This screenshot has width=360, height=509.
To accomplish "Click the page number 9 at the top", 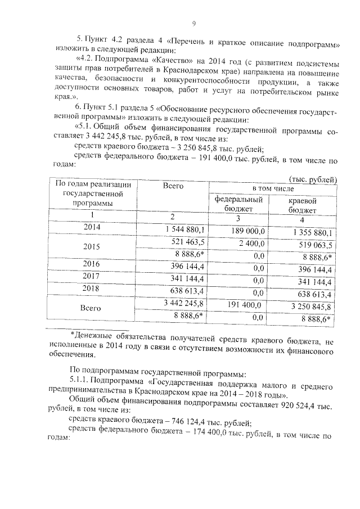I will [x=194, y=23].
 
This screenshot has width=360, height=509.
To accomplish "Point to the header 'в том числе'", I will [x=273, y=188].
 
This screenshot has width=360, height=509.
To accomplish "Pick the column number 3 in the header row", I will [x=238, y=218].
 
